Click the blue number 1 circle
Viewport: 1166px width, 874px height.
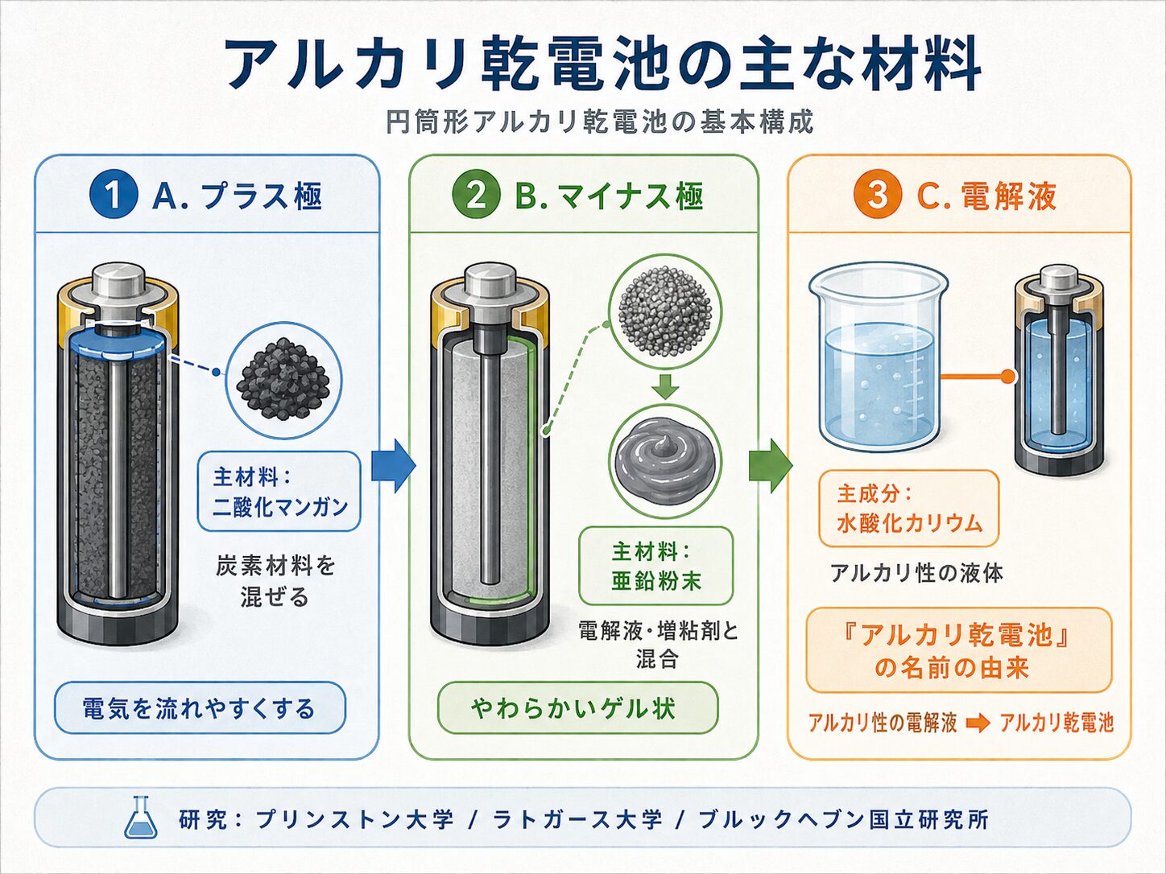coord(114,196)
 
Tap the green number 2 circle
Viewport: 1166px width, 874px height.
coord(477,196)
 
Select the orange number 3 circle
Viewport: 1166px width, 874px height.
coord(877,196)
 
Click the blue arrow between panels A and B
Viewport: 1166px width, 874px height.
coord(393,466)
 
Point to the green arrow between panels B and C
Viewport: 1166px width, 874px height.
coord(771,466)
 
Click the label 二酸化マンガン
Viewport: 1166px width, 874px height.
coord(280,507)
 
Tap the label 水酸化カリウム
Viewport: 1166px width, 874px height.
coord(909,523)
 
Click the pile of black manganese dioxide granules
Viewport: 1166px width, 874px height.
coord(283,379)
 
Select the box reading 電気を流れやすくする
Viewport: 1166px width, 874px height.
coord(200,708)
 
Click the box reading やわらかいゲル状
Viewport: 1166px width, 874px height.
coord(577,708)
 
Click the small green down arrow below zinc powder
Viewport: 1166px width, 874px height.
coord(664,387)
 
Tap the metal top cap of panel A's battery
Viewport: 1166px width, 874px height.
coord(118,280)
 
